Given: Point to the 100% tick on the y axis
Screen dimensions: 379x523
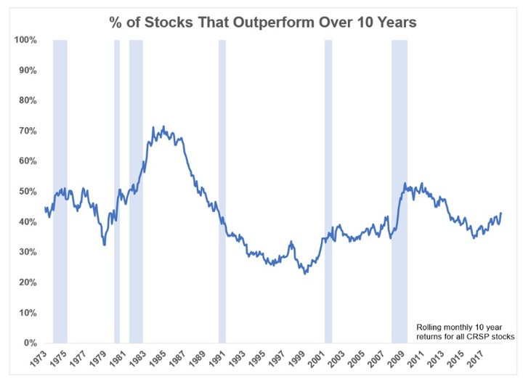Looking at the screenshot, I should (26, 40).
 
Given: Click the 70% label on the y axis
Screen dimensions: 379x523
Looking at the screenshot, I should (28, 131).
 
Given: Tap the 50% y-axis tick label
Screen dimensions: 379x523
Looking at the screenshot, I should (28, 192).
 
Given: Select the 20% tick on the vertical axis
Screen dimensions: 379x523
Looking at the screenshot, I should (28, 282).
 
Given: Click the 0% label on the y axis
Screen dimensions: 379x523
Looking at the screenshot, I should (31, 343).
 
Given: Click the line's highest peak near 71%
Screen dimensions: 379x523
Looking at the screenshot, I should (153, 127).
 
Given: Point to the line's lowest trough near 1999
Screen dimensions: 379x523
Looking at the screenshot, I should (306, 274).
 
